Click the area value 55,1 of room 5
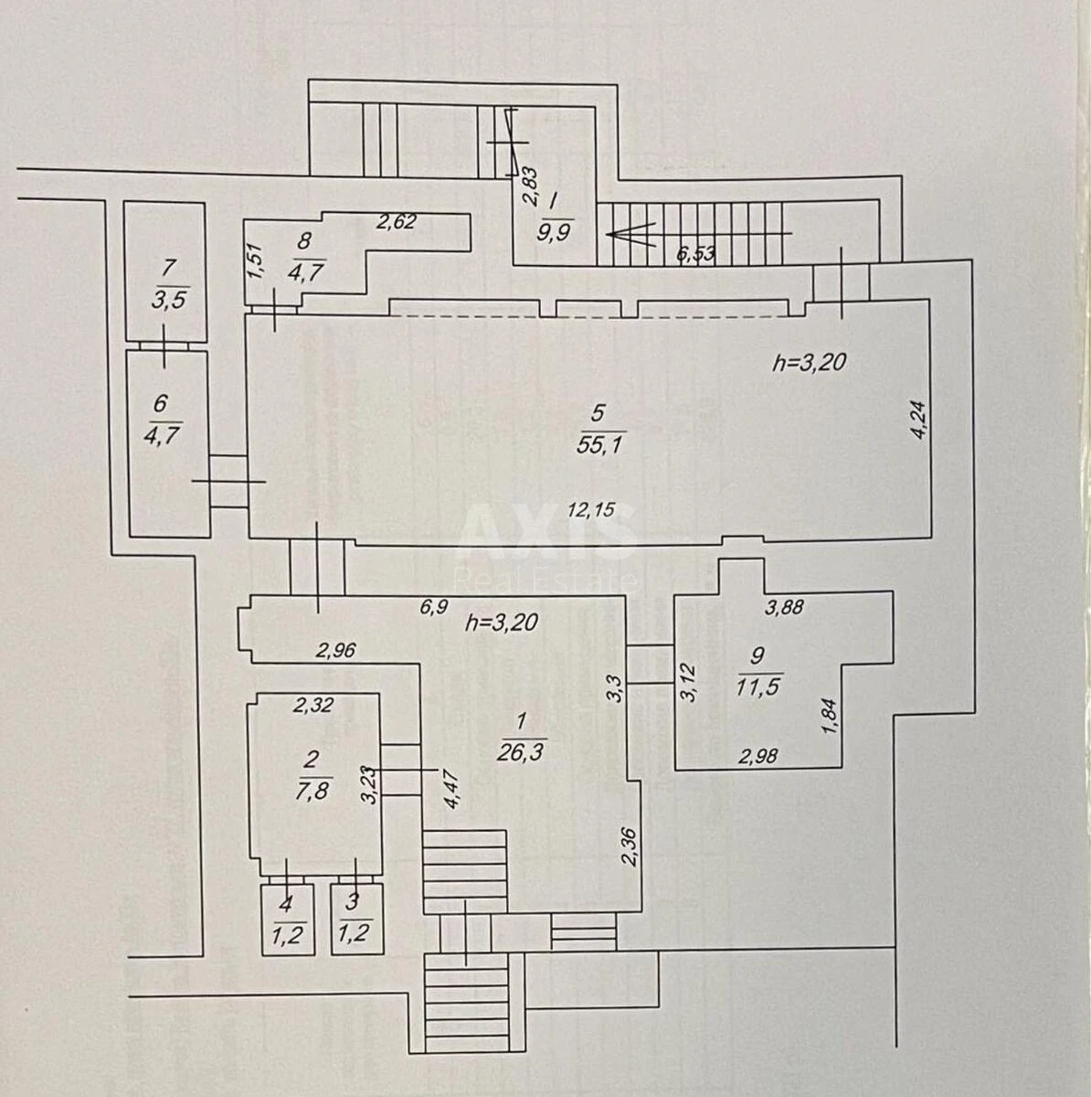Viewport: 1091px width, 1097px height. (x=600, y=445)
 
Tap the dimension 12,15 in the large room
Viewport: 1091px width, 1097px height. (x=591, y=510)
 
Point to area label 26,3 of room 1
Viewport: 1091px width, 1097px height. (x=523, y=751)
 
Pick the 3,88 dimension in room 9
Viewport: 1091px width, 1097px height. (x=784, y=606)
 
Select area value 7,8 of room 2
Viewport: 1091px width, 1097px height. (x=312, y=790)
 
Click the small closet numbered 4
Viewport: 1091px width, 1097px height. (x=287, y=919)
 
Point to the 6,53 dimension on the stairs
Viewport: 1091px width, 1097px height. (x=695, y=253)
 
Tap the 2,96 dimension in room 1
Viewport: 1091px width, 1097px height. (x=335, y=651)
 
